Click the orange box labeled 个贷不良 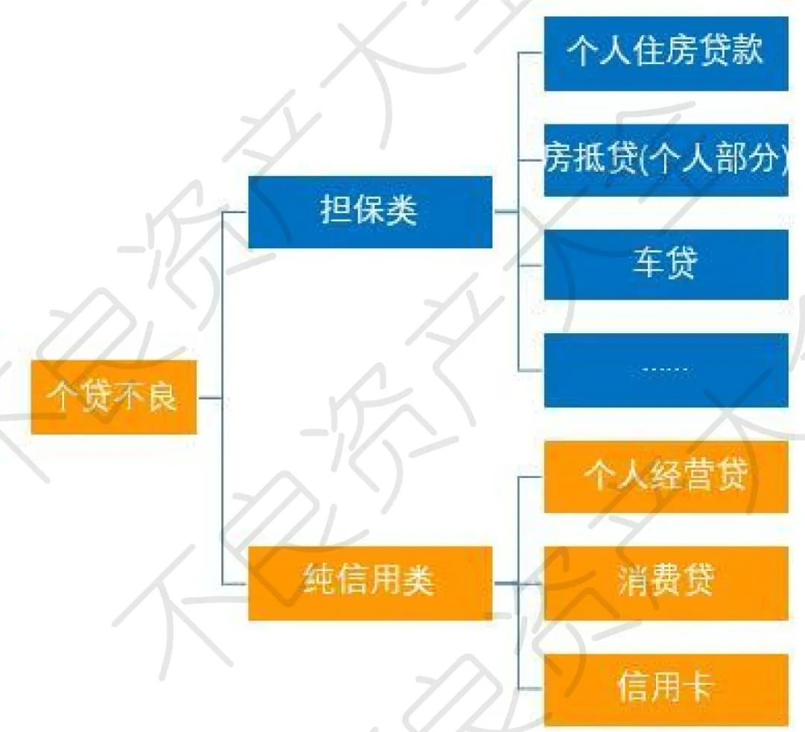[x=113, y=397]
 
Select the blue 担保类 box [x=370, y=212]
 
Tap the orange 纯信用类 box [x=370, y=582]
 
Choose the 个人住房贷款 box [x=666, y=54]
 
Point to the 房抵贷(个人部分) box [x=666, y=160]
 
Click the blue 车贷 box [x=666, y=265]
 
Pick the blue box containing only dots [x=666, y=370]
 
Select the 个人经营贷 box [x=666, y=476]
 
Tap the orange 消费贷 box [x=666, y=582]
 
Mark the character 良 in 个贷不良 [x=162, y=397]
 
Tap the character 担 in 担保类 [x=335, y=212]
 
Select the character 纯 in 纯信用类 [x=321, y=582]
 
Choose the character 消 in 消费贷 [x=633, y=582]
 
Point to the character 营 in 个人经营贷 [x=698, y=476]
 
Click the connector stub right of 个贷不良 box [x=210, y=397]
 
